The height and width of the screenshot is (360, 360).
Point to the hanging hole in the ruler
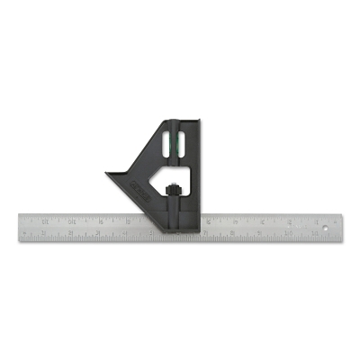pyautogui.click(x=327, y=228)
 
